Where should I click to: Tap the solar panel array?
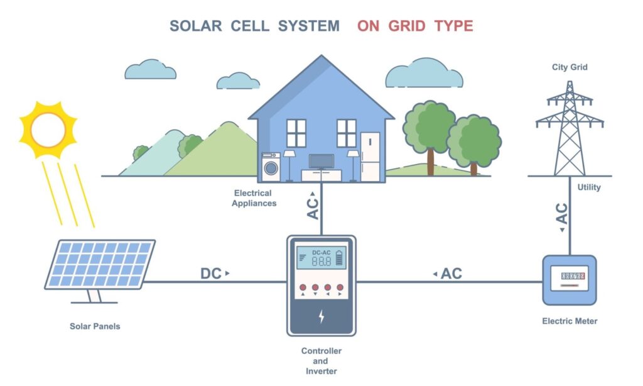100,264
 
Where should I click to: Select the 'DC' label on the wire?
211,274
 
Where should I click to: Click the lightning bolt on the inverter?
321,316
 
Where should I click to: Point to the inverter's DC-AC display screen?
321,258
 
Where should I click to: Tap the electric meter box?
570,280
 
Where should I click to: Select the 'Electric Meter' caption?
570,321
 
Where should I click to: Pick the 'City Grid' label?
570,67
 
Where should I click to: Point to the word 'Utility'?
588,187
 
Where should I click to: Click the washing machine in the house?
271,168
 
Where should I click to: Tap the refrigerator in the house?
370,157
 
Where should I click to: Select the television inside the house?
321,161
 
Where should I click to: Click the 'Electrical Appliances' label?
252,198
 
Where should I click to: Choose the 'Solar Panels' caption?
95,327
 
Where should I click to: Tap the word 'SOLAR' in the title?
195,26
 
